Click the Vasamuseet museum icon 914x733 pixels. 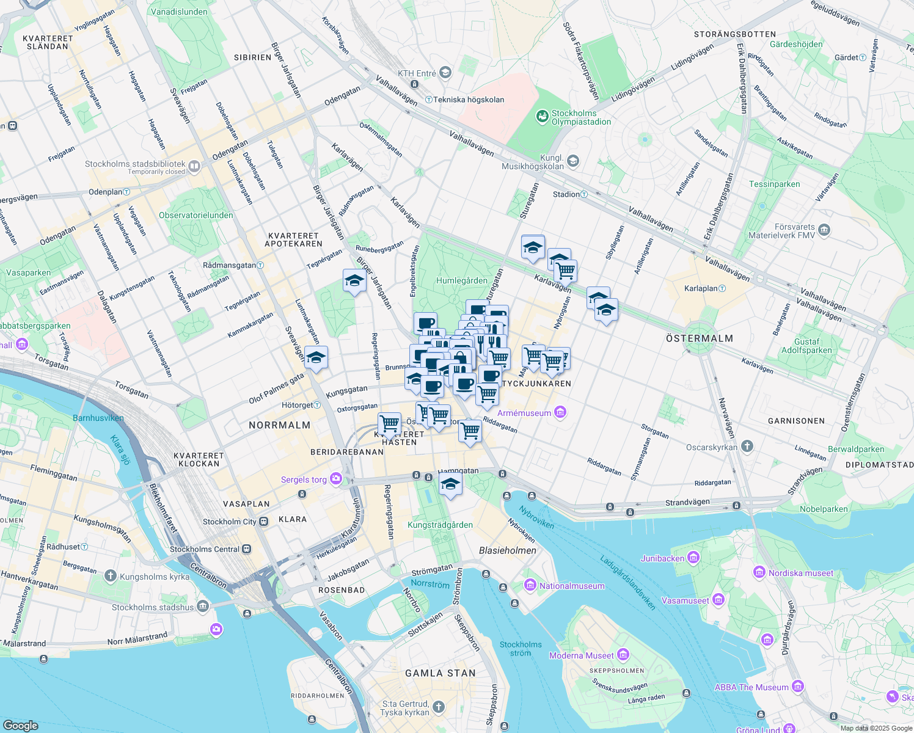click(718, 600)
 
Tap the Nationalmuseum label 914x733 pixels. click(572, 586)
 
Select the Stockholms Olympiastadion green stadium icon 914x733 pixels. click(542, 116)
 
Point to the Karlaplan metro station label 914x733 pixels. click(701, 288)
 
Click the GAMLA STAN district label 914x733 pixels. click(440, 673)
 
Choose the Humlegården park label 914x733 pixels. click(462, 280)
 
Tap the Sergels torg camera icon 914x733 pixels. click(335, 479)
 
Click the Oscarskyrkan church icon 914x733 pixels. click(747, 447)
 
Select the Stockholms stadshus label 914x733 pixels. click(153, 607)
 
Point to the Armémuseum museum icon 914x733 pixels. click(560, 412)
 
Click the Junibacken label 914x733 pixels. click(662, 558)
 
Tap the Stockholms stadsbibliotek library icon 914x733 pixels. click(194, 166)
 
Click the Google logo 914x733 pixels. click(21, 725)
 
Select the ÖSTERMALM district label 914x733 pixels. click(699, 338)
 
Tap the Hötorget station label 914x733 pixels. click(297, 405)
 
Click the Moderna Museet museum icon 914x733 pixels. click(623, 655)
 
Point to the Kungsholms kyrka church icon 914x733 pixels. click(111, 575)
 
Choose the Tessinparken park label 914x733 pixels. click(774, 184)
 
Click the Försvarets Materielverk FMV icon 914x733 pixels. click(824, 230)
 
